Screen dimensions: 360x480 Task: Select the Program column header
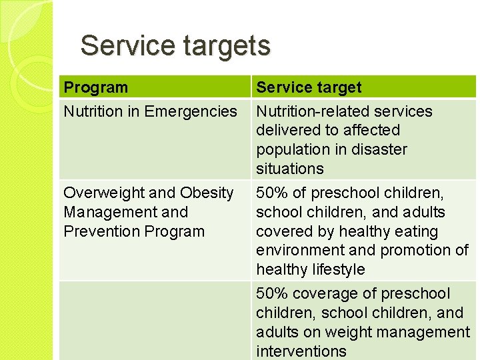(x=95, y=87)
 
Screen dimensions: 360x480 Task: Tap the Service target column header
(x=309, y=87)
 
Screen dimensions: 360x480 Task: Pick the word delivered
(x=287, y=130)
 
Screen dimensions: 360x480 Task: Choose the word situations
(x=289, y=169)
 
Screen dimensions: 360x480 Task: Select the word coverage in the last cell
(x=319, y=293)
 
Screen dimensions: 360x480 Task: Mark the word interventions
(x=301, y=351)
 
